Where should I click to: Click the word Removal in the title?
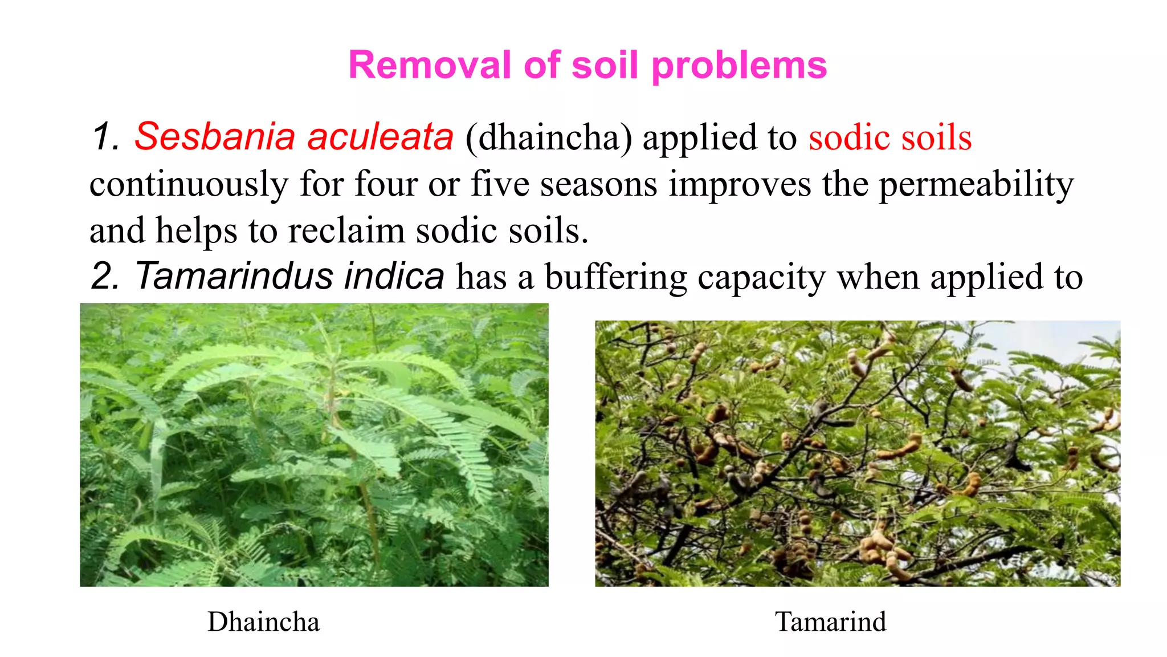click(x=430, y=65)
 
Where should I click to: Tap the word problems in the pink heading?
click(x=738, y=66)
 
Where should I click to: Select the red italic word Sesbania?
click(x=215, y=137)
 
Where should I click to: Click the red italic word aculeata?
click(x=380, y=137)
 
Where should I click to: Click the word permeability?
click(x=976, y=185)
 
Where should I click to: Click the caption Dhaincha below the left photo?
click(x=263, y=622)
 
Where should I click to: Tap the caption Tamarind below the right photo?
click(x=830, y=622)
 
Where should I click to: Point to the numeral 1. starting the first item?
click(x=105, y=137)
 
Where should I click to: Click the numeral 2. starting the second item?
click(x=105, y=276)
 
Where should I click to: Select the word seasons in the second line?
click(x=598, y=185)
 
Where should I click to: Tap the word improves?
click(x=740, y=185)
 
